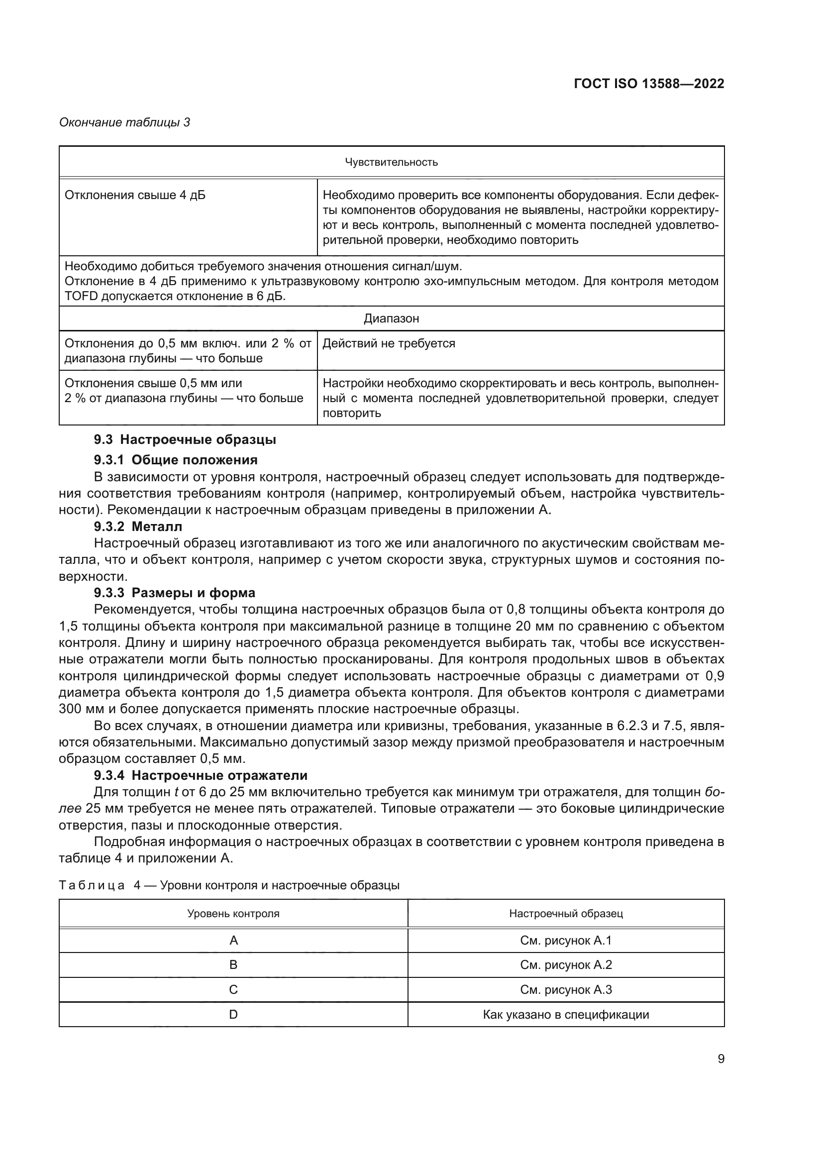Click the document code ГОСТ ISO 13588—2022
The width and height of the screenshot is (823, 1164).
(x=649, y=84)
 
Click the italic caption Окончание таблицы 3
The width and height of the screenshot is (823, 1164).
(x=125, y=122)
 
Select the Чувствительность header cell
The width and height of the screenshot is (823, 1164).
(x=391, y=162)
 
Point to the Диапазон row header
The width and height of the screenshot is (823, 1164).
(x=391, y=318)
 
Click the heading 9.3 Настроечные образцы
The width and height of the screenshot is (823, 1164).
(x=185, y=439)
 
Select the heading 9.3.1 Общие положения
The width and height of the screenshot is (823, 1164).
(x=175, y=460)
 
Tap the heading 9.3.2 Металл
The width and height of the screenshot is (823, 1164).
(x=138, y=526)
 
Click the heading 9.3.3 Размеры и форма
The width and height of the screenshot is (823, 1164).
(x=174, y=593)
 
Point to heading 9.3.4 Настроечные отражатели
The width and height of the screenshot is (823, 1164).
(x=201, y=775)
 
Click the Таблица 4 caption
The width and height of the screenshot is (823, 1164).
(x=229, y=885)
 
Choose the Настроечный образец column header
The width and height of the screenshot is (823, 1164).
(x=566, y=914)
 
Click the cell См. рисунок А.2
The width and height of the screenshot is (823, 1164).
(x=566, y=965)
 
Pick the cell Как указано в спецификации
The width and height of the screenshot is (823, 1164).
(x=566, y=1014)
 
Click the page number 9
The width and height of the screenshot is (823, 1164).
(x=720, y=1058)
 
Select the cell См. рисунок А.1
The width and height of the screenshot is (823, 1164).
(x=566, y=941)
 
